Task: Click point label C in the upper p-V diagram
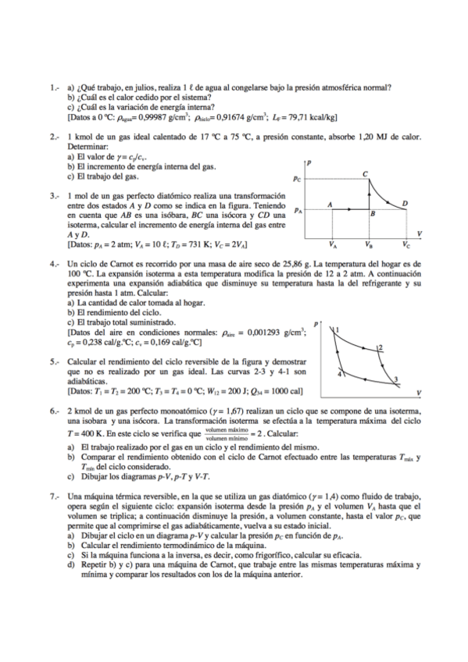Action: (366, 173)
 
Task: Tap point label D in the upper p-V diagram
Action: (404, 203)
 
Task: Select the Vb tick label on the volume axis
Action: (369, 244)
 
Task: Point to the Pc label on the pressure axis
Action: (297, 179)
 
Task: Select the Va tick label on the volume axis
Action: (334, 244)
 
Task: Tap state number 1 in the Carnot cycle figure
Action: (338, 331)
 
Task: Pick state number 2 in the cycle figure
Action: (380, 347)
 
